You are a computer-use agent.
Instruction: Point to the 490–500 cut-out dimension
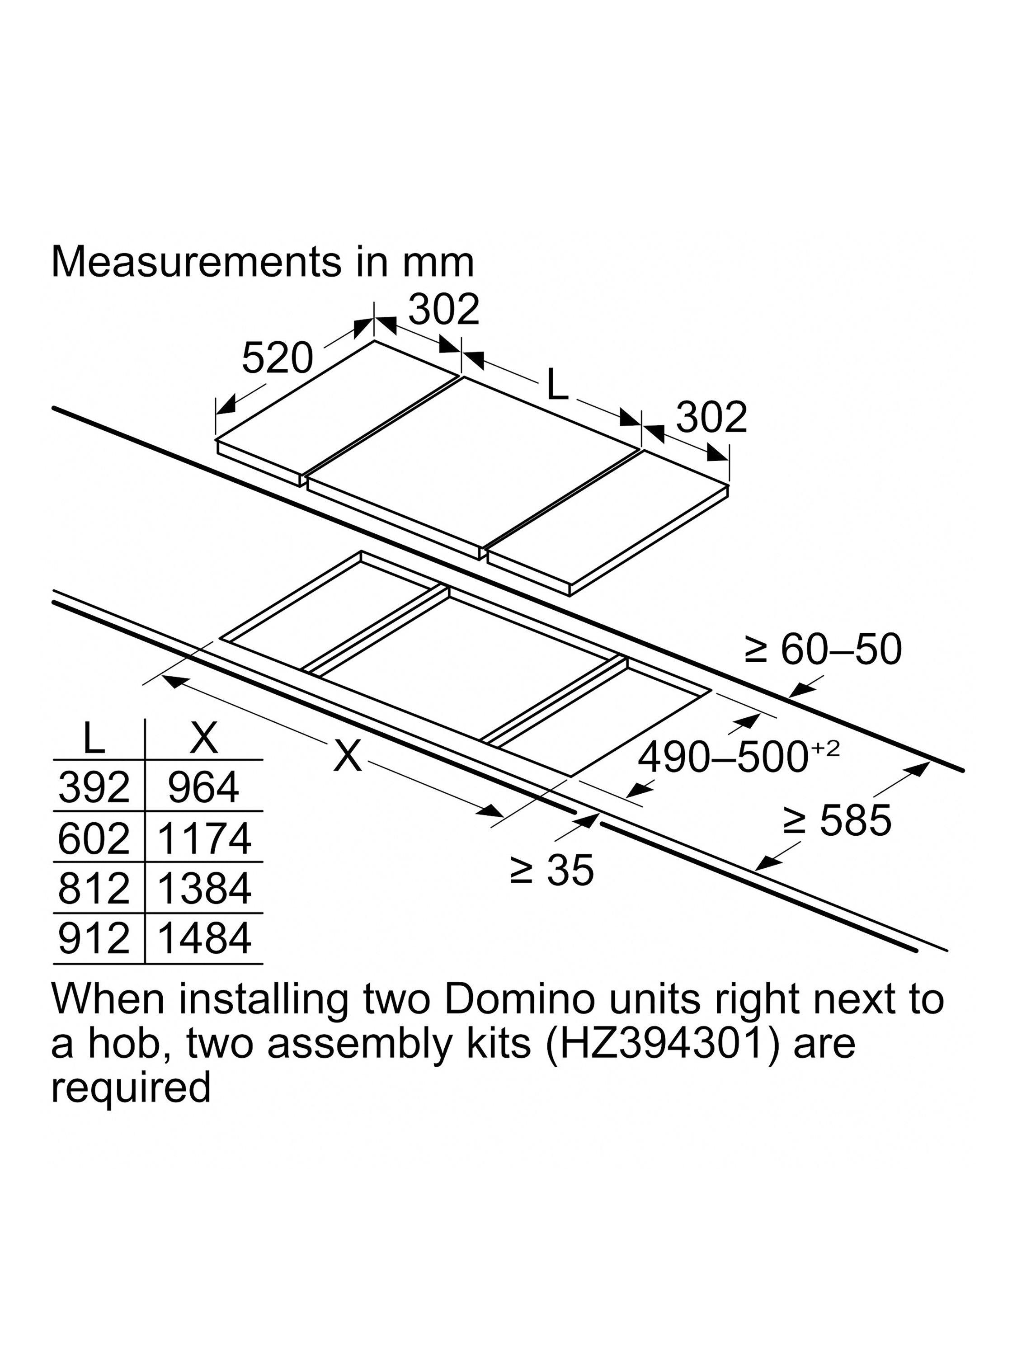(x=738, y=758)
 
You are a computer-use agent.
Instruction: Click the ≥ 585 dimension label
(x=838, y=820)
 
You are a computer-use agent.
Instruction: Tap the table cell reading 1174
(x=204, y=838)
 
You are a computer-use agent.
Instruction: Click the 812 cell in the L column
(x=94, y=888)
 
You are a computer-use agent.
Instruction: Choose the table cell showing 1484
(x=204, y=938)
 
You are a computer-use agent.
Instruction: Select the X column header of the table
(x=204, y=738)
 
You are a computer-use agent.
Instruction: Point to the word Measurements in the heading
(x=195, y=262)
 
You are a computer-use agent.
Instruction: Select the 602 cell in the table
(x=94, y=838)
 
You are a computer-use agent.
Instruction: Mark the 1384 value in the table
(x=204, y=888)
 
